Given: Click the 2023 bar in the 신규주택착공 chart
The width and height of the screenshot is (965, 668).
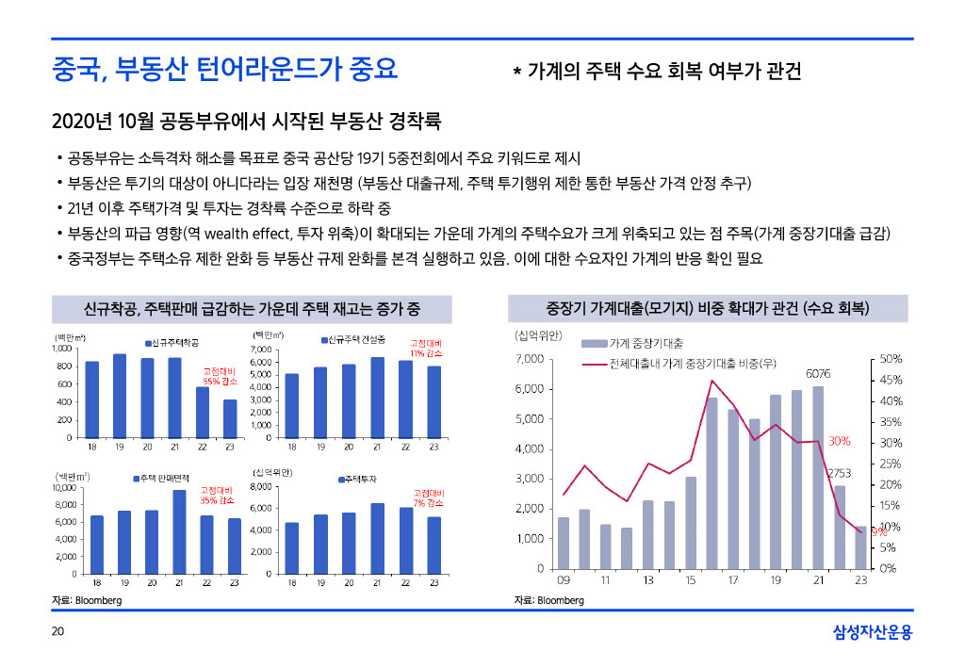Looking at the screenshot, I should (x=230, y=418).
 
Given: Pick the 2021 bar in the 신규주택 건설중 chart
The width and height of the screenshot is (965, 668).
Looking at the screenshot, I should (x=377, y=397).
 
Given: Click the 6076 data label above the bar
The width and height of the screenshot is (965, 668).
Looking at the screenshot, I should (x=817, y=374).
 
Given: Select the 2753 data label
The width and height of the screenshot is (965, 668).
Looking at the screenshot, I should (x=839, y=472).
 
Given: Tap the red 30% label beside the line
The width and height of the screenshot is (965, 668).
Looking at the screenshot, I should (x=840, y=441).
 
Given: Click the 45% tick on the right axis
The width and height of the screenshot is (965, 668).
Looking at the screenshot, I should (x=891, y=380).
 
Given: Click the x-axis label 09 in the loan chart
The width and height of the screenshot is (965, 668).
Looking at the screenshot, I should (x=563, y=580).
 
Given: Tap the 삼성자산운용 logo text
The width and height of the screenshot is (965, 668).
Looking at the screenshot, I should (x=873, y=633).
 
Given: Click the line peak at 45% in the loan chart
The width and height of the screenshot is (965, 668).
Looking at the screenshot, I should (x=712, y=381).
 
